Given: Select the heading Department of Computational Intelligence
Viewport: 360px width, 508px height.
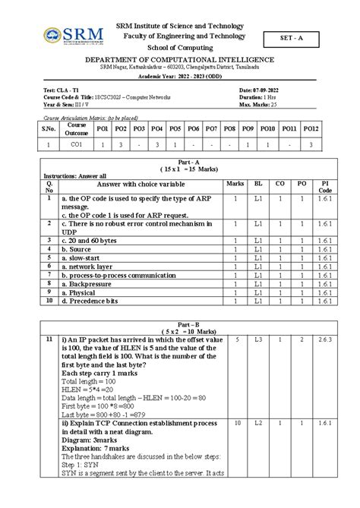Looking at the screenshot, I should [179, 59].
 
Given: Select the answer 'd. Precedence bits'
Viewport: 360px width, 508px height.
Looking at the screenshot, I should [93, 301].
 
